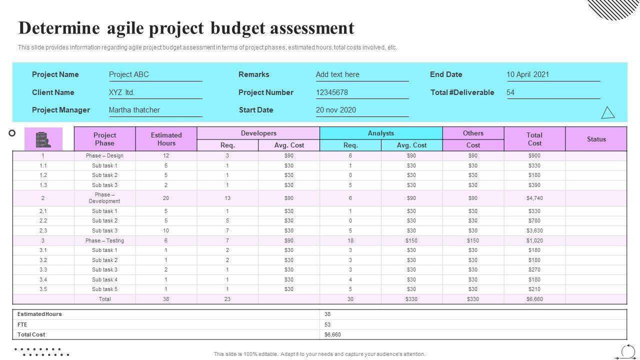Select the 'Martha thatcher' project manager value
[134, 110]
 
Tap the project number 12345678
[332, 92]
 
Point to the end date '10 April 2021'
[528, 74]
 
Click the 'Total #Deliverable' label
[462, 92]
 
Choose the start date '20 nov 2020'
[336, 110]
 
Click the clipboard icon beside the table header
[43, 139]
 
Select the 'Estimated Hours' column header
[166, 139]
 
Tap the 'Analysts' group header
[381, 133]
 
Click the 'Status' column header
[596, 139]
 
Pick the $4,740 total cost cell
[534, 198]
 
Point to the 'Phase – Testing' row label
[104, 240]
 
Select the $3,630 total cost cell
[534, 230]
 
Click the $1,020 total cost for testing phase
[534, 240]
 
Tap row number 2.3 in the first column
[43, 230]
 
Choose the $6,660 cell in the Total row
[534, 299]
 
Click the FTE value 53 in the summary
[327, 324]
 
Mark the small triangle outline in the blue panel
[608, 113]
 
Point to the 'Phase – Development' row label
[104, 198]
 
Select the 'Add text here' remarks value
[337, 74]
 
